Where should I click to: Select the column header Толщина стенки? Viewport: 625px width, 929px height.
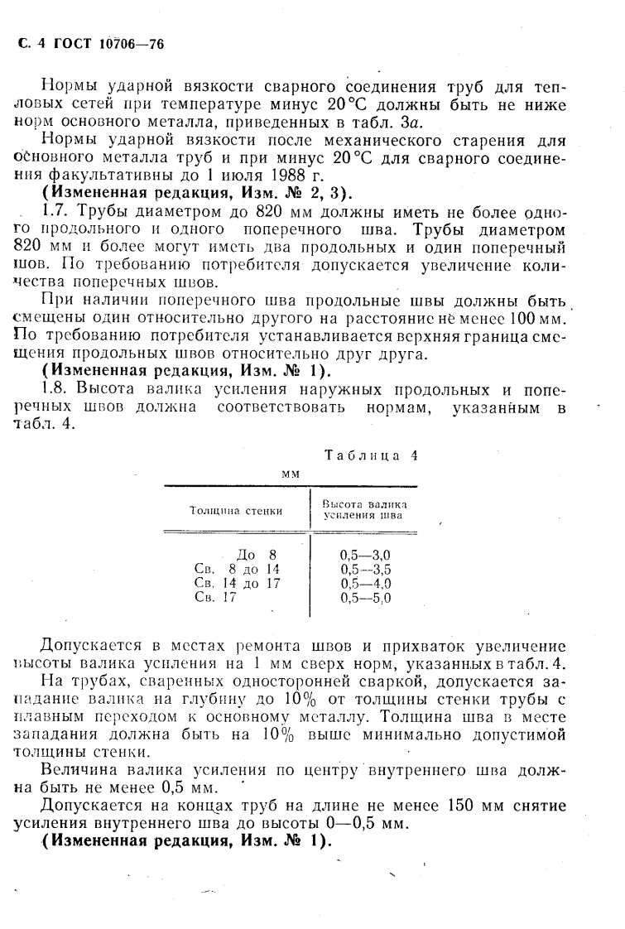(236, 510)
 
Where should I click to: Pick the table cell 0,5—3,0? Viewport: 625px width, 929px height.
(365, 555)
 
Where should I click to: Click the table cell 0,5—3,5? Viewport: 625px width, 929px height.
(365, 569)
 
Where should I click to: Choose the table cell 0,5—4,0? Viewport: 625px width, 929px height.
(365, 583)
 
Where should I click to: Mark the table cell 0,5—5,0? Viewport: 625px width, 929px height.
(365, 597)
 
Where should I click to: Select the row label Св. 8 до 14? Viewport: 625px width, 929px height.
(236, 569)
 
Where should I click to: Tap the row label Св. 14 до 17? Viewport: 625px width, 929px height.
(236, 583)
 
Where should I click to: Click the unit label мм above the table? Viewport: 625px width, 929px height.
(290, 473)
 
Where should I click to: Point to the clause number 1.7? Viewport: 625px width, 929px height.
(55, 213)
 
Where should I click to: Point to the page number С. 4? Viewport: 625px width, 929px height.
(31, 44)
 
